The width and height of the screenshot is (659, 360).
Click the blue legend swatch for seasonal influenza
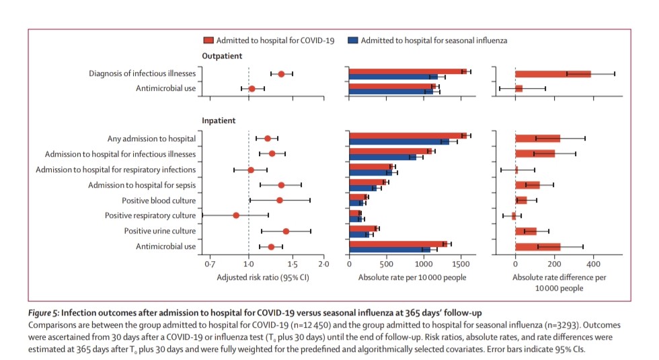pos(352,40)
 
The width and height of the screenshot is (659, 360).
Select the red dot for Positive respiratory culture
pos(236,215)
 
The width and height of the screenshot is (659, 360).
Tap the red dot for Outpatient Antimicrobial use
pos(252,88)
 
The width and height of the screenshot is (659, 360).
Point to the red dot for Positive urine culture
pos(286,231)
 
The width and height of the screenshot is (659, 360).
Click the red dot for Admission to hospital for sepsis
pos(281,184)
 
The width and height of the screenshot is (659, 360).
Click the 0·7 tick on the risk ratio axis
pos(210,263)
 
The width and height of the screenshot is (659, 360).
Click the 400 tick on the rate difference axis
pos(593,263)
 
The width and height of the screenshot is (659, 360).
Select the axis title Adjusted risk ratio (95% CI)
pos(262,277)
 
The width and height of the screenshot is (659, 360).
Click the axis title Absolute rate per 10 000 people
pos(412,277)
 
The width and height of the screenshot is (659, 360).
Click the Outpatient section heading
pos(222,57)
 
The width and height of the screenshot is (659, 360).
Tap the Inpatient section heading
pos(219,121)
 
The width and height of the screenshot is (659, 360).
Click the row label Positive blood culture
pos(159,201)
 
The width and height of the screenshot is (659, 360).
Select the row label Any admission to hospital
pos(151,139)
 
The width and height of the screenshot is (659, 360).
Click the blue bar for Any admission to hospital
pos(399,142)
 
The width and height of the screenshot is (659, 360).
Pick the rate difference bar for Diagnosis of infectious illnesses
pos(553,73)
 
